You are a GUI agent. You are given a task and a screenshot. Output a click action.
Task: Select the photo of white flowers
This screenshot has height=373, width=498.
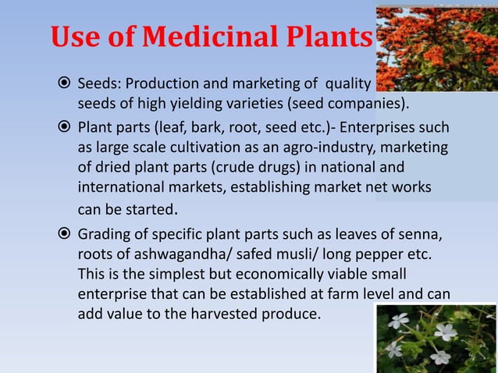[x=436, y=338]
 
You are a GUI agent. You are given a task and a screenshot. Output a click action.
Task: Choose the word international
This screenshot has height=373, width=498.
[x=117, y=188]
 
